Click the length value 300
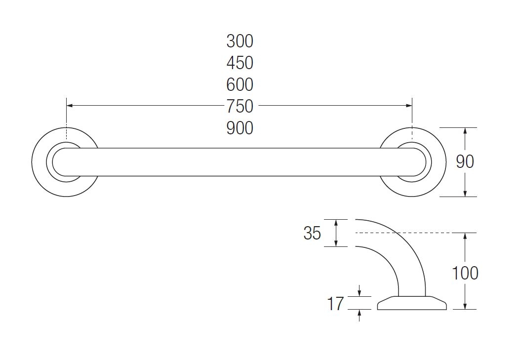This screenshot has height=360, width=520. [x=240, y=41]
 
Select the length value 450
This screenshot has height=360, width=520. [x=240, y=63]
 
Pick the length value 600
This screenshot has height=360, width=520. [x=240, y=84]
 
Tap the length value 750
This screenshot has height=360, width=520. [x=240, y=106]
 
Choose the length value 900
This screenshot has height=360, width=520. [x=240, y=128]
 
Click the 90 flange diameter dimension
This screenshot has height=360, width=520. [x=465, y=161]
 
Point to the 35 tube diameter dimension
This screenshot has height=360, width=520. [x=312, y=233]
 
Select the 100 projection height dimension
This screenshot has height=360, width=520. [x=465, y=273]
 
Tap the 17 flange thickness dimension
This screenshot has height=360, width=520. [x=335, y=304]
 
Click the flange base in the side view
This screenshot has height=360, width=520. [x=412, y=304]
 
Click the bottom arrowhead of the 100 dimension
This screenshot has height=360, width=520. [x=465, y=306]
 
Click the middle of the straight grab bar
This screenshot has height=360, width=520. [x=240, y=162]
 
